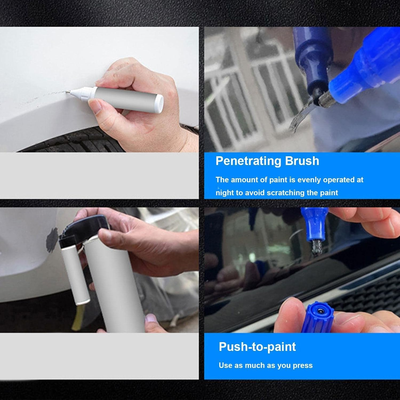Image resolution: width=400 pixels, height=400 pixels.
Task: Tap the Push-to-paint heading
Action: tap(257, 347)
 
